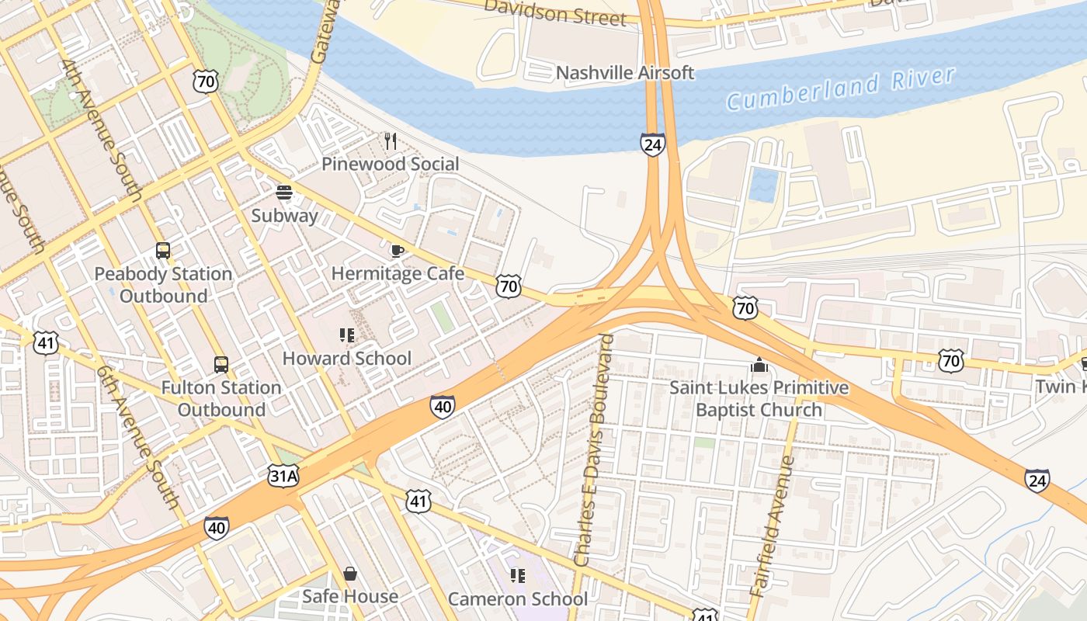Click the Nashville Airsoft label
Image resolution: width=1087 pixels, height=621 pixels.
[625, 73]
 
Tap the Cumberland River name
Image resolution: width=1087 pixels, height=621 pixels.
[840, 88]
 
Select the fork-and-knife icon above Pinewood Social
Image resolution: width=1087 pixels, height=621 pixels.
[391, 141]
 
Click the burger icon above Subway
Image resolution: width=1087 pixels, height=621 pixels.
[284, 193]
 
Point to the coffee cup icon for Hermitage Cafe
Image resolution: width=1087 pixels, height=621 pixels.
[397, 251]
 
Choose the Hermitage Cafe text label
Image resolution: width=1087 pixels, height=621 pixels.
[398, 273]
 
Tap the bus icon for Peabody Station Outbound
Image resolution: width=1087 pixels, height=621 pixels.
[163, 251]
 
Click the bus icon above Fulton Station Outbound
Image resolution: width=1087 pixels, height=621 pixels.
[221, 364]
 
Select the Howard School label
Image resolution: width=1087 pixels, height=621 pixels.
[346, 358]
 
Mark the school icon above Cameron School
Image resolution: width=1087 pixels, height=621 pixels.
[518, 576]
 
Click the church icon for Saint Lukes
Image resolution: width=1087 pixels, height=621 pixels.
[759, 365]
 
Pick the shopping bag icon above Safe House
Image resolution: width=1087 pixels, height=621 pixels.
[350, 574]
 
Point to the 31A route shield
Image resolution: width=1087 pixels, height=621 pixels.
[283, 476]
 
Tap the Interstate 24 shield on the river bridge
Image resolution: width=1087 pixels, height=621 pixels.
[653, 144]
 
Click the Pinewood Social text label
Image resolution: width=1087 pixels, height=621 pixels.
[391, 164]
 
